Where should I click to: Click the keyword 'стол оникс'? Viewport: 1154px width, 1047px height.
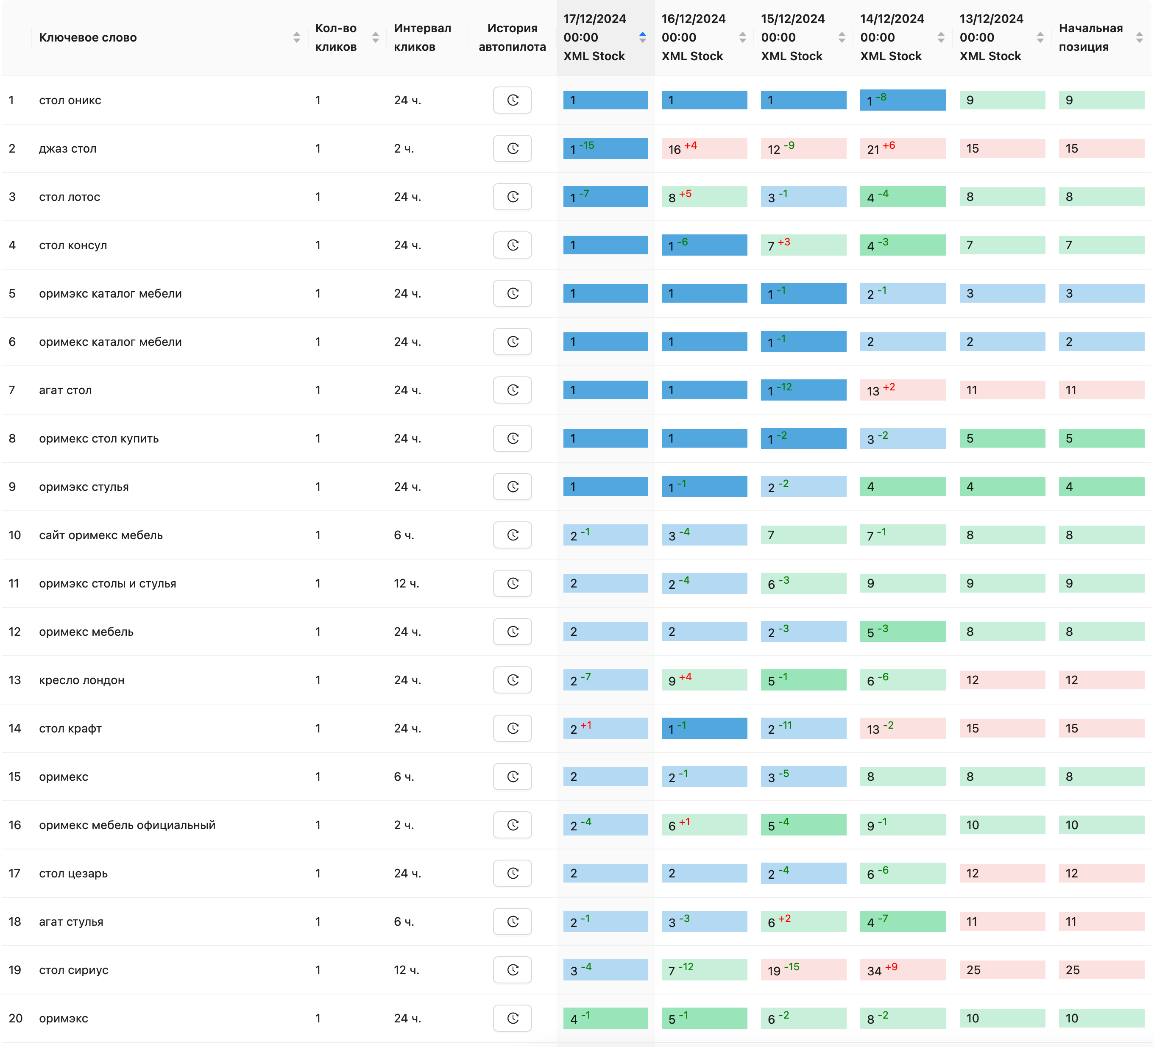(x=70, y=100)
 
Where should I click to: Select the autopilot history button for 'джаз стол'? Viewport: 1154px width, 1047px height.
(x=512, y=148)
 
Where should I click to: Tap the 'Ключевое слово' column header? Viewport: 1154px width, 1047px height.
(x=88, y=38)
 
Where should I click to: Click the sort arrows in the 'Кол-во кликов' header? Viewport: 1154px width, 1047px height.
(x=376, y=38)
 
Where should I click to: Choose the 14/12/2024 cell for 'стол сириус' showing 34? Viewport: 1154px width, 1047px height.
(x=902, y=970)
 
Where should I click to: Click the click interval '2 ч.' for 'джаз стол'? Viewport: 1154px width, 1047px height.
(x=404, y=148)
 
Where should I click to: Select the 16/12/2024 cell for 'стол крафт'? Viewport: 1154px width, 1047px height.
(x=704, y=728)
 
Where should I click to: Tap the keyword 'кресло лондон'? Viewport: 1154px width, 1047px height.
(x=82, y=680)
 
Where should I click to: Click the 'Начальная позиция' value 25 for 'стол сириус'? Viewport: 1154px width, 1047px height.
(x=1101, y=970)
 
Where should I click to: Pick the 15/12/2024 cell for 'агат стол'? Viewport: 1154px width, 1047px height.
(x=803, y=390)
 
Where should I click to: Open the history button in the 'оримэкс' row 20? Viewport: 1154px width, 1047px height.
(x=512, y=1018)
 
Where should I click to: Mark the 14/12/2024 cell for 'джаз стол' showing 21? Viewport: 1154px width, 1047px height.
(x=902, y=148)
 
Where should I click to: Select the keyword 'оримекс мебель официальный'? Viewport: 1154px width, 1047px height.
(x=127, y=825)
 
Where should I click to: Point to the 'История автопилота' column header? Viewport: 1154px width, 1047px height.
(x=512, y=38)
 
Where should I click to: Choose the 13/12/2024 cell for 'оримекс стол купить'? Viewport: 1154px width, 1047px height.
(x=1002, y=438)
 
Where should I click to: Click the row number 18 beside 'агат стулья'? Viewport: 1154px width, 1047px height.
(x=15, y=922)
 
